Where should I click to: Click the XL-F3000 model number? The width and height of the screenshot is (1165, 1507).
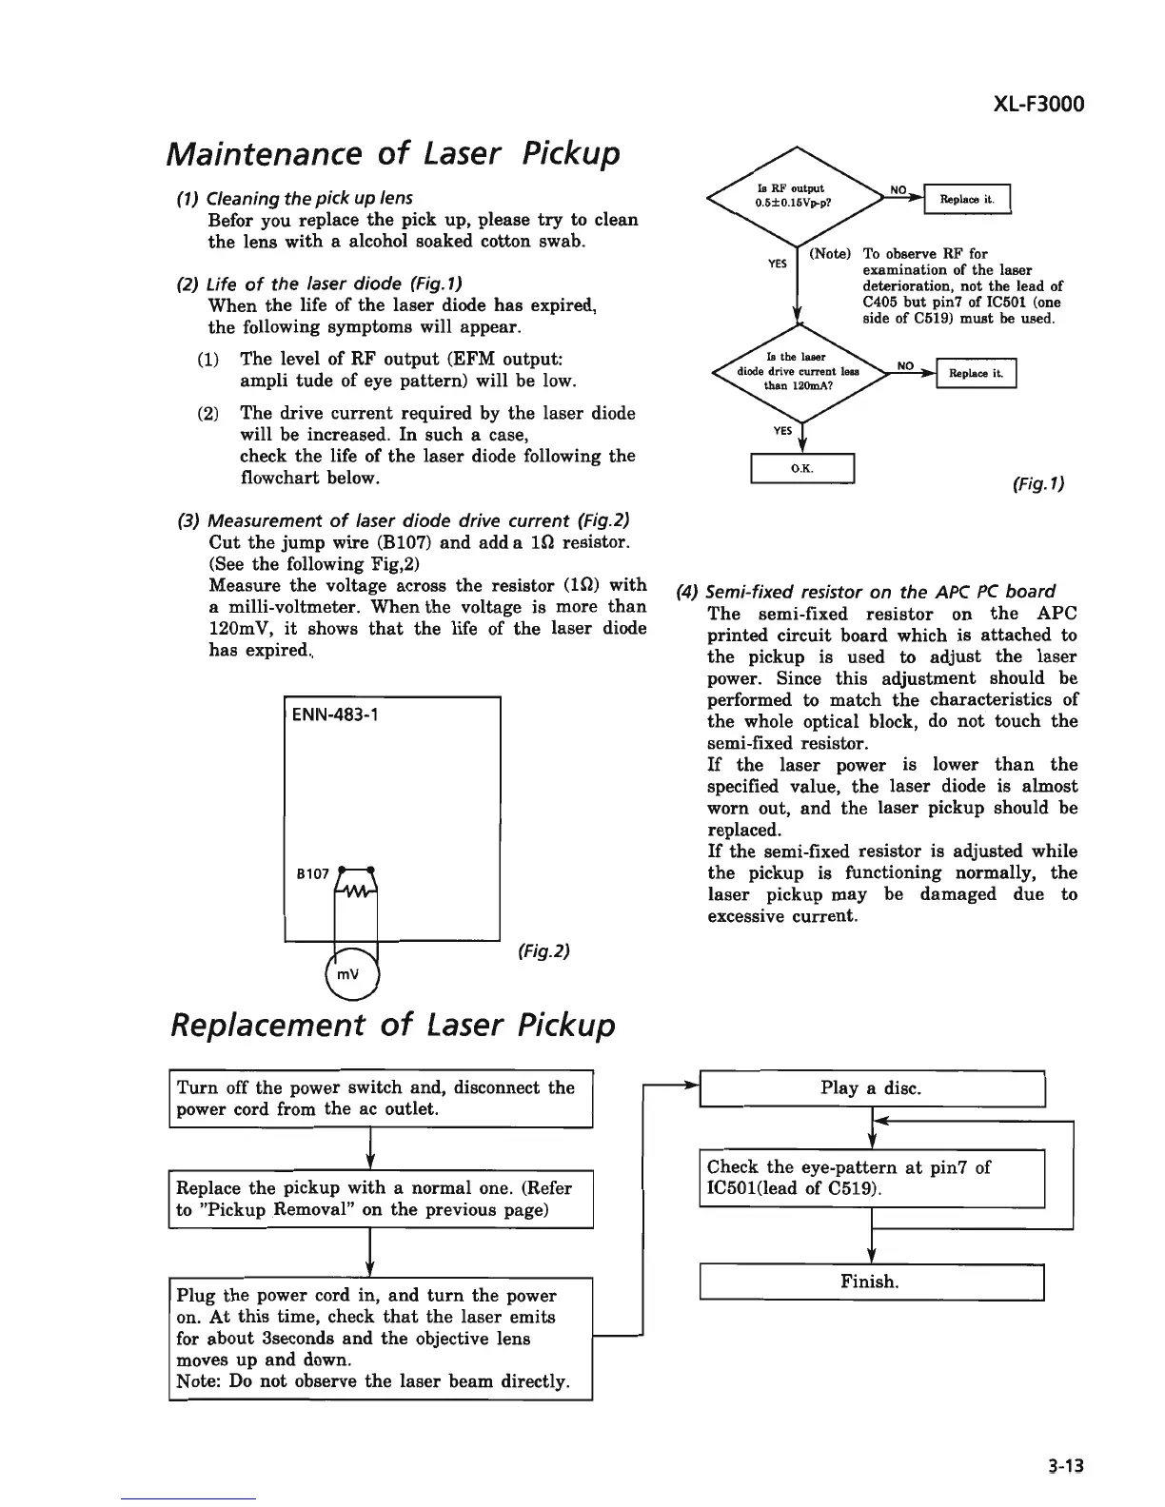(x=1023, y=104)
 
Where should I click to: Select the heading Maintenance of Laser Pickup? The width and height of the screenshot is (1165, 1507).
(x=393, y=152)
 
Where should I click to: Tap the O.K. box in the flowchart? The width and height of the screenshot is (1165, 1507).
(x=804, y=469)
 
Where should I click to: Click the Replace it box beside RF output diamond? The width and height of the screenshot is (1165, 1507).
(x=967, y=200)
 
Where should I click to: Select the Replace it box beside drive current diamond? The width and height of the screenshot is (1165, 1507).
(x=977, y=373)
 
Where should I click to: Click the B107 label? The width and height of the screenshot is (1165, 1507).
(x=312, y=872)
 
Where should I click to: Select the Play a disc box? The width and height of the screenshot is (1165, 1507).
(x=872, y=1088)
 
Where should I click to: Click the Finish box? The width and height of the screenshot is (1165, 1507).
(x=872, y=1282)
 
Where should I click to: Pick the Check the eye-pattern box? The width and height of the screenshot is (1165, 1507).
(x=872, y=1178)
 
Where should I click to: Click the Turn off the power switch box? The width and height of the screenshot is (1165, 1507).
(x=381, y=1099)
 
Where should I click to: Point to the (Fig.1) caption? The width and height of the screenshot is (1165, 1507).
(x=1037, y=483)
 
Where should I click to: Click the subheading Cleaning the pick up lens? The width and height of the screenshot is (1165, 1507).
(x=295, y=198)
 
